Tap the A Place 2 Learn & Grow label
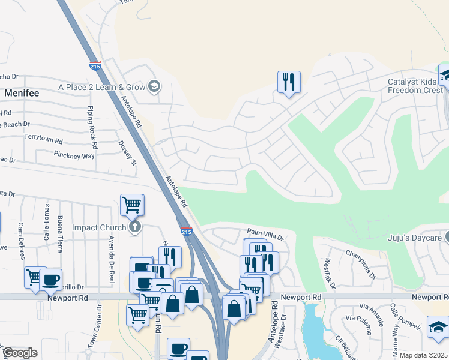[x=102, y=87]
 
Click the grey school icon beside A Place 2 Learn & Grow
[x=154, y=87]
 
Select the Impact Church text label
[x=99, y=227]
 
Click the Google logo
[x=20, y=353]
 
